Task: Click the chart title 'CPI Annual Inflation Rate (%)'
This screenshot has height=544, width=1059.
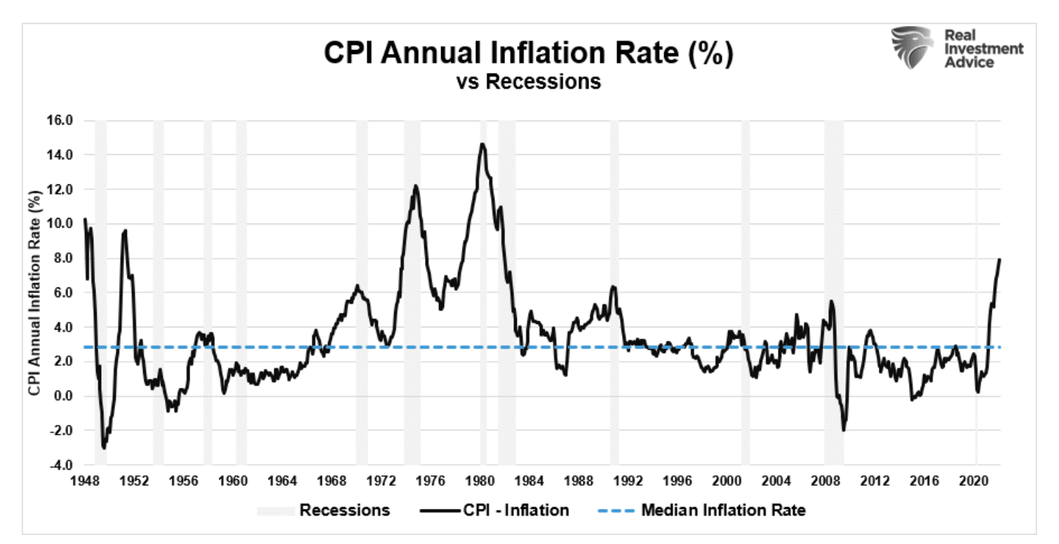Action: [x=528, y=55]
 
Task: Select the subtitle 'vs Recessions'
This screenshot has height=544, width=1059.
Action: [x=528, y=82]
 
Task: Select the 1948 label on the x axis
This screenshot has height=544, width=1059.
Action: [x=85, y=482]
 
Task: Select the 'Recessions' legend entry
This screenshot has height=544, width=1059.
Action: [x=344, y=510]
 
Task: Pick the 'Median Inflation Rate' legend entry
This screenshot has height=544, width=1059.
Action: [x=723, y=510]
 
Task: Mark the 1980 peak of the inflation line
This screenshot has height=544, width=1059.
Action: [x=482, y=144]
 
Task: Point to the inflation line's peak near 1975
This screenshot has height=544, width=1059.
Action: [x=415, y=186]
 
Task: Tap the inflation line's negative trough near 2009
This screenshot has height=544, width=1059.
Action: [x=844, y=430]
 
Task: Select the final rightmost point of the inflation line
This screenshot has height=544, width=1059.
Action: [x=999, y=259]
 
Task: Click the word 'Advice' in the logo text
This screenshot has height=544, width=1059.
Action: [x=969, y=63]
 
